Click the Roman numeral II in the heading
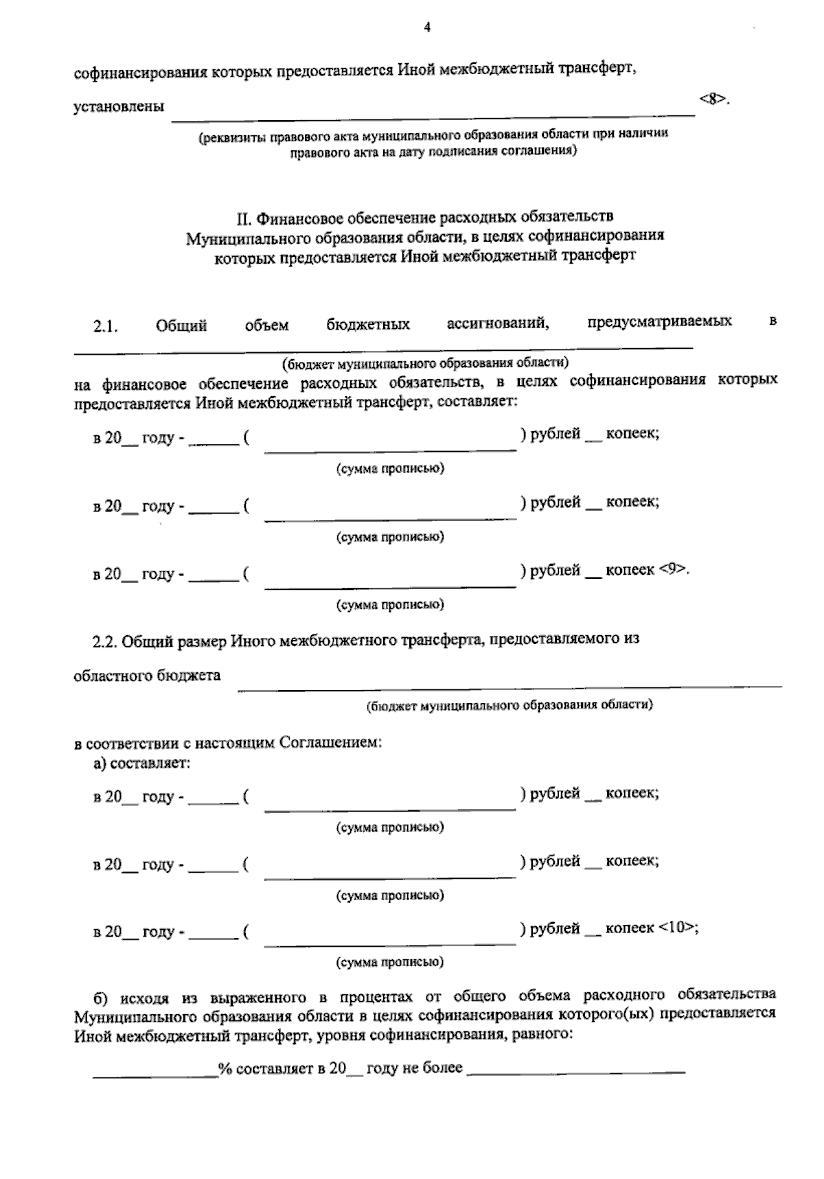click(x=244, y=218)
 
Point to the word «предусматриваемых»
click(x=659, y=321)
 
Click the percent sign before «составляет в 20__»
click(x=224, y=1068)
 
